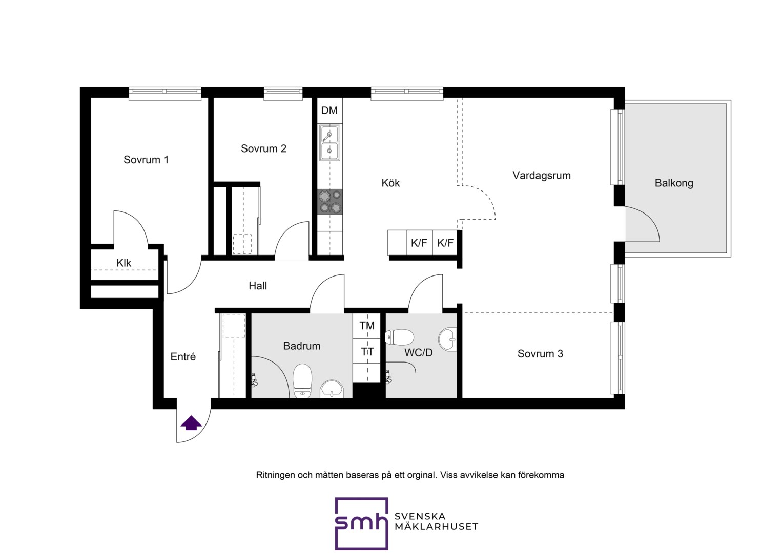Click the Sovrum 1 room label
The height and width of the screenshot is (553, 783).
tap(146, 160)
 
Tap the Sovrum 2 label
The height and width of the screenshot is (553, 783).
tap(263, 148)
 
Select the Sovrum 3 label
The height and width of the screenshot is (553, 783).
tap(540, 353)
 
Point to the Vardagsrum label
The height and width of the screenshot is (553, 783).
tap(542, 175)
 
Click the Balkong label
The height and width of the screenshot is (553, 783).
tap(674, 183)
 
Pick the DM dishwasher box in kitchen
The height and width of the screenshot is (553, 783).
tap(329, 111)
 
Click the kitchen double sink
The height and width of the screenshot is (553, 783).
tap(329, 143)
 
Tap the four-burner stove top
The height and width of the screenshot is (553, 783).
tap(330, 202)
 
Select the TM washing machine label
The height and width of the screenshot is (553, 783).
tap(367, 326)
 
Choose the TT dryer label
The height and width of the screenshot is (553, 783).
tap(367, 351)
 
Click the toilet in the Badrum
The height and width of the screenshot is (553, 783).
tap(302, 381)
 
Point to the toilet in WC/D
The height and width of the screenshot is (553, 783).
tap(399, 337)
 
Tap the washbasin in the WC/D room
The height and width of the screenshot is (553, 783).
tap(448, 339)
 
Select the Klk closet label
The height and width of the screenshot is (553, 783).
tap(123, 263)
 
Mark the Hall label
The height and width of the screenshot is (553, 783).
tap(258, 286)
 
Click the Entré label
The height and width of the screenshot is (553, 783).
tap(183, 357)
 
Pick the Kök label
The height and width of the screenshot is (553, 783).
tap(390, 183)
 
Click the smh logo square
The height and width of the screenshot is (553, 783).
tap(361, 524)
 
